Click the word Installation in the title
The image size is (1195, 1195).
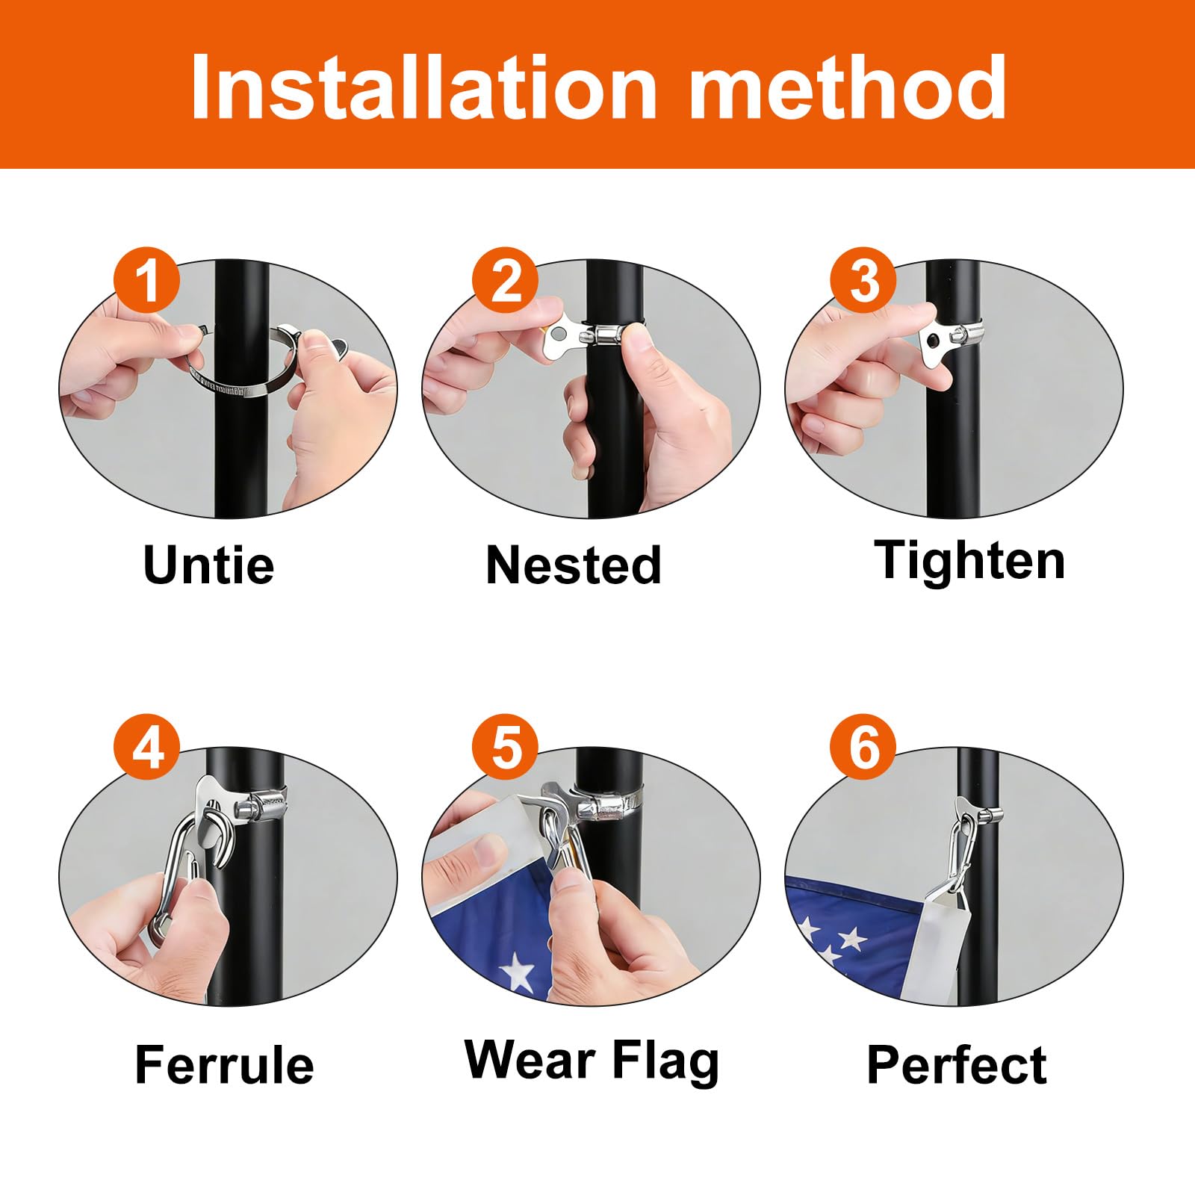tap(423, 87)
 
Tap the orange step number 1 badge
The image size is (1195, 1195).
tap(146, 281)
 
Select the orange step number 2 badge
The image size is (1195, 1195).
tap(505, 281)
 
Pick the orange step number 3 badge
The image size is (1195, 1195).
tap(863, 281)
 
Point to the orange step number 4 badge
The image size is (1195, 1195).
tap(146, 748)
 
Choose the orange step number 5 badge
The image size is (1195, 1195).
tap(505, 748)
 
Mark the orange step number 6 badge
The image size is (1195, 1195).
tap(863, 748)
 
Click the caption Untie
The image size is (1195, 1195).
tap(208, 565)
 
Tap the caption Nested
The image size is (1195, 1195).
tap(574, 565)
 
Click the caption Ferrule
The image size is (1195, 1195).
tap(224, 1064)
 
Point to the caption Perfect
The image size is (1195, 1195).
tap(957, 1064)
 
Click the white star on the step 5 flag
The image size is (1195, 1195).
tap(518, 973)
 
